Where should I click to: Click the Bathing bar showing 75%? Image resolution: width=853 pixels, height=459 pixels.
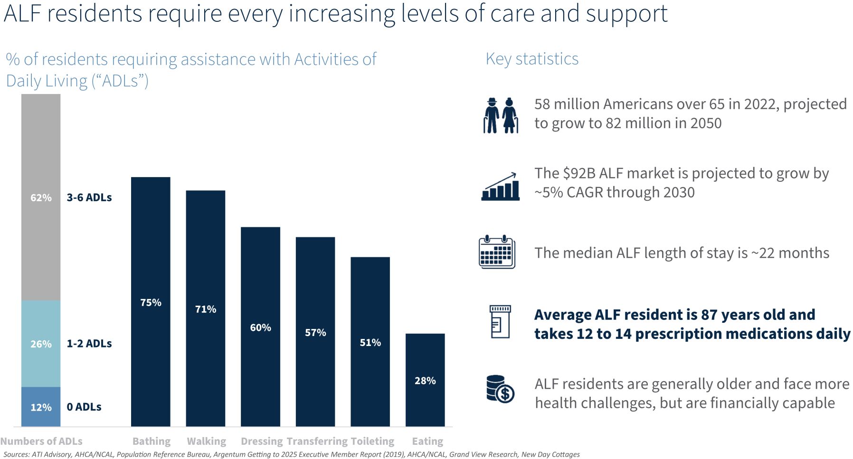(151, 301)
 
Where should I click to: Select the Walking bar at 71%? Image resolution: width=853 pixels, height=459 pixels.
(205, 308)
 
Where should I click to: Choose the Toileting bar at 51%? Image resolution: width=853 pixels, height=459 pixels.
(370, 341)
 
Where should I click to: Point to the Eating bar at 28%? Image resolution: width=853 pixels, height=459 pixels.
(425, 380)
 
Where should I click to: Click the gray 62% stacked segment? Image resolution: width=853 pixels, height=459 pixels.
(41, 197)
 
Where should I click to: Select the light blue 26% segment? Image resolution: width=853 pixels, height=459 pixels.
(41, 343)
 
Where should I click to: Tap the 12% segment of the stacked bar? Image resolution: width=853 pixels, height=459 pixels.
(41, 407)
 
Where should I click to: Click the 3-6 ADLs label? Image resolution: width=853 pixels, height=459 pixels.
(89, 197)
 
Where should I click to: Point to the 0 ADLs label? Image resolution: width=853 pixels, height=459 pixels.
(84, 407)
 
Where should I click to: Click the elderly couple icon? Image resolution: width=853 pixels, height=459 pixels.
(501, 115)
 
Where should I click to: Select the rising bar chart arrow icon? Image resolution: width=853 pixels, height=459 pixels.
(500, 187)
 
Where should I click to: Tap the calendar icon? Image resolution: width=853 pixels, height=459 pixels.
(497, 252)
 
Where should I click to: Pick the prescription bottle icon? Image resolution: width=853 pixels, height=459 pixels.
(500, 321)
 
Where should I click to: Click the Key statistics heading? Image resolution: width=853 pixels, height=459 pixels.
(532, 59)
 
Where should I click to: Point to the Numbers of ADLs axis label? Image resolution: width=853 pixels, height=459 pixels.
(41, 441)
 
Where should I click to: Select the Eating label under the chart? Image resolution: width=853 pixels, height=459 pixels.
(427, 441)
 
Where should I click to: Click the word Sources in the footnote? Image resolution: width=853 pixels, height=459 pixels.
(16, 454)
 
